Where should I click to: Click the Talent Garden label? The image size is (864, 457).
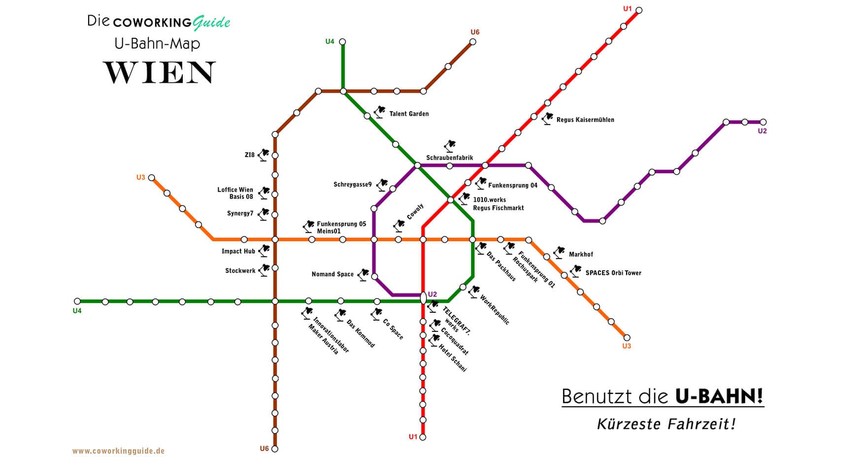[409, 114]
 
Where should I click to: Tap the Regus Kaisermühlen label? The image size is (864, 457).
[585, 120]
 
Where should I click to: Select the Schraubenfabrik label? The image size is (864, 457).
[449, 158]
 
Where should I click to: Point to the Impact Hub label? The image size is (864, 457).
[238, 251]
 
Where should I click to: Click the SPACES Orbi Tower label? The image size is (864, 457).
[613, 273]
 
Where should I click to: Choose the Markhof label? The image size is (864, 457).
[581, 254]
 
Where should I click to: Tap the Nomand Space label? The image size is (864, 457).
[332, 274]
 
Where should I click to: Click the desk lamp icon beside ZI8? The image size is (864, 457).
[264, 154]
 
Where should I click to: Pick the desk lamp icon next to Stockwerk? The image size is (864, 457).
[264, 270]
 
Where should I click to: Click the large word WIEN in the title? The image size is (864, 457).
[159, 73]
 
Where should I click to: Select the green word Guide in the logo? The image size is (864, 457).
[212, 22]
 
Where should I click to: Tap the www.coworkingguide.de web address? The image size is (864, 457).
[118, 451]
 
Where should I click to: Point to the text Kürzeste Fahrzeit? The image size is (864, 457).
[666, 424]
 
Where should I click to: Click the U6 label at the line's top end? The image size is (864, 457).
[475, 33]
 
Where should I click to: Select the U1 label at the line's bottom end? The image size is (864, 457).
[413, 437]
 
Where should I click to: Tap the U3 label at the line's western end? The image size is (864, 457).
[141, 177]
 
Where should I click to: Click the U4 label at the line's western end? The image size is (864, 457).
[77, 311]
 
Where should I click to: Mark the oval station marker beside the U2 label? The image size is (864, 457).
[423, 298]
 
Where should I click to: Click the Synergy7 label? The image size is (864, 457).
[240, 214]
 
